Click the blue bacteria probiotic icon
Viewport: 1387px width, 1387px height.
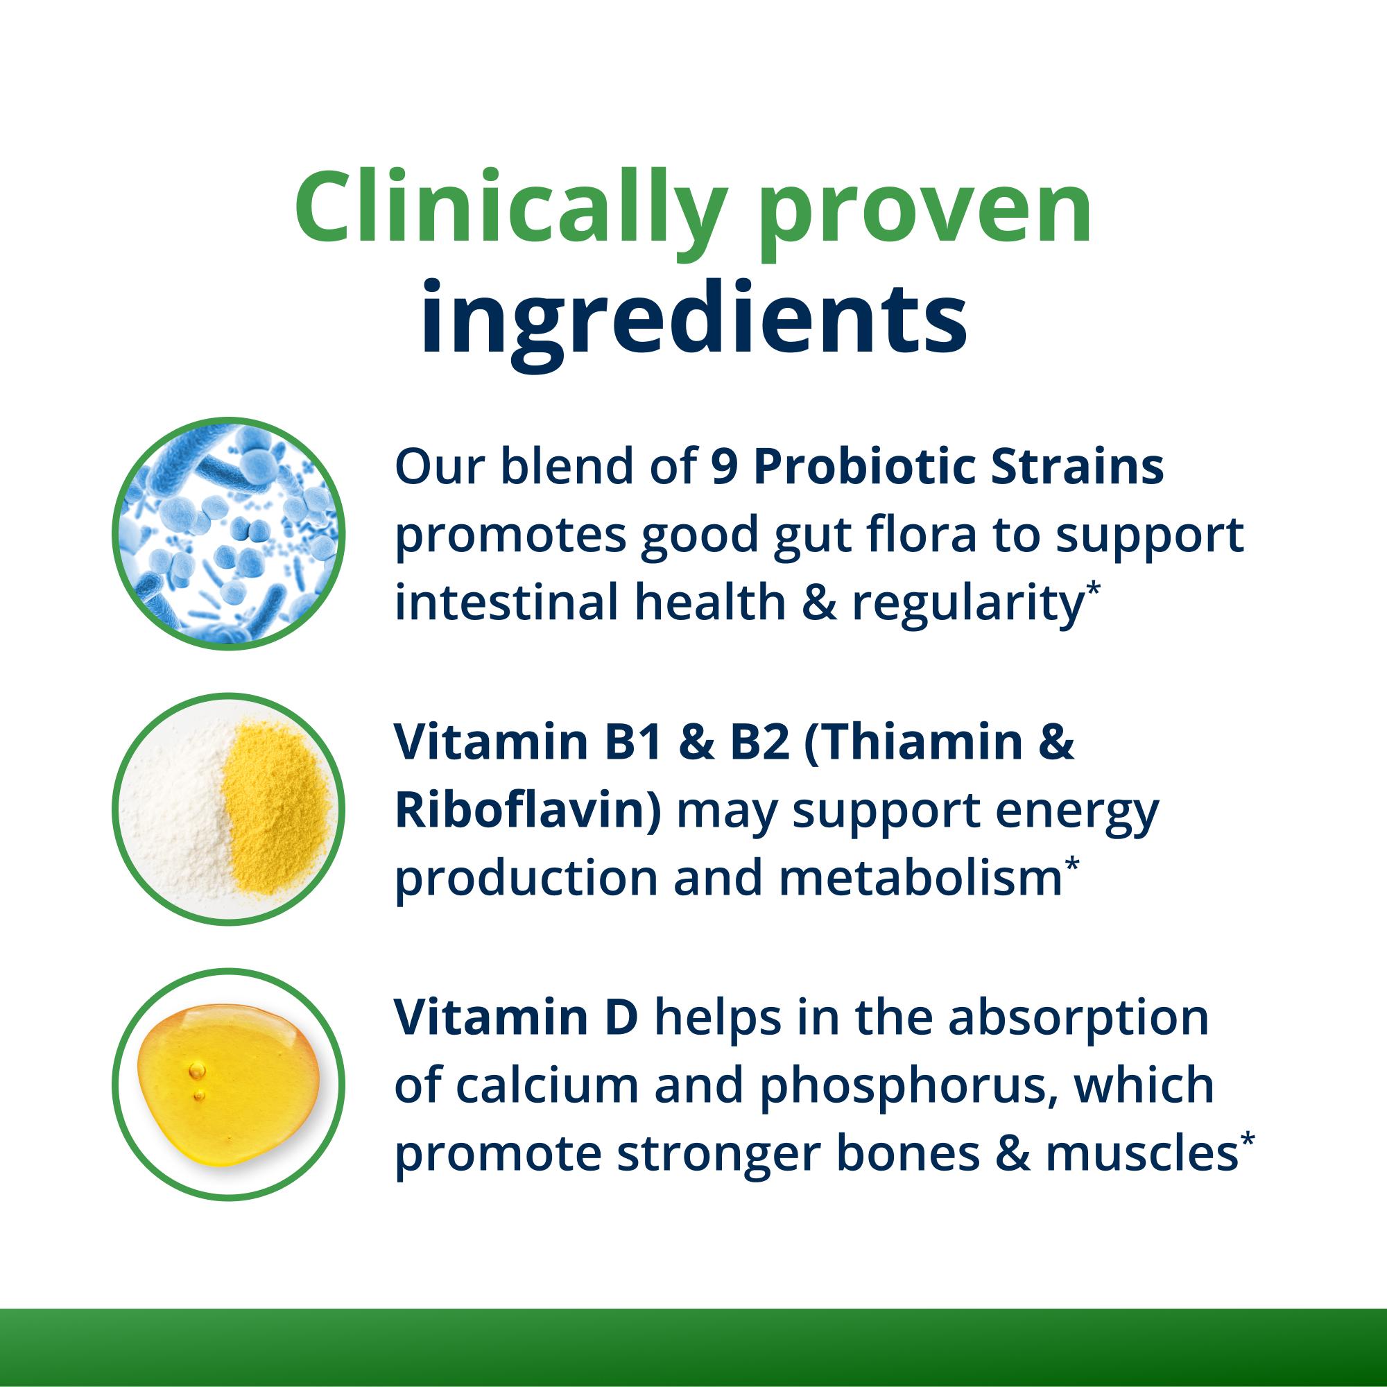[228, 533]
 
